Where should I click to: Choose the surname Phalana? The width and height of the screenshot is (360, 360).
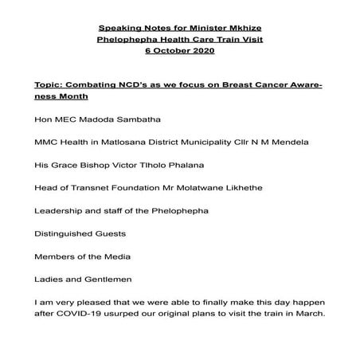point(190,166)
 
